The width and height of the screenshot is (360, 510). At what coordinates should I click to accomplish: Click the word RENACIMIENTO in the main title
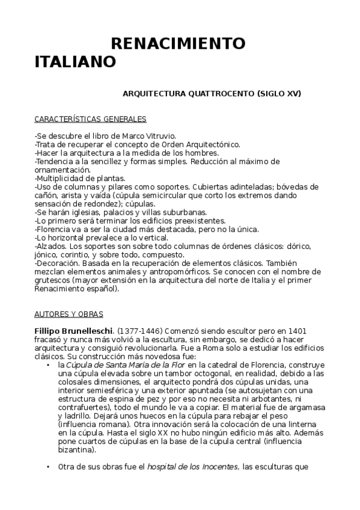coord(178,44)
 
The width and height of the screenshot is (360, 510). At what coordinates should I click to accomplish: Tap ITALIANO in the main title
coord(75,62)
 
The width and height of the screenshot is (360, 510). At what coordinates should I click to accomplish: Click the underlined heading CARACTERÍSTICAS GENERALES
coord(90,119)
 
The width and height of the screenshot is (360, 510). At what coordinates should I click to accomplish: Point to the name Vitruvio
coord(159,137)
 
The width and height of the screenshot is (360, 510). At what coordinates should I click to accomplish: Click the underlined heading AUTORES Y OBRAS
coord(69,314)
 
